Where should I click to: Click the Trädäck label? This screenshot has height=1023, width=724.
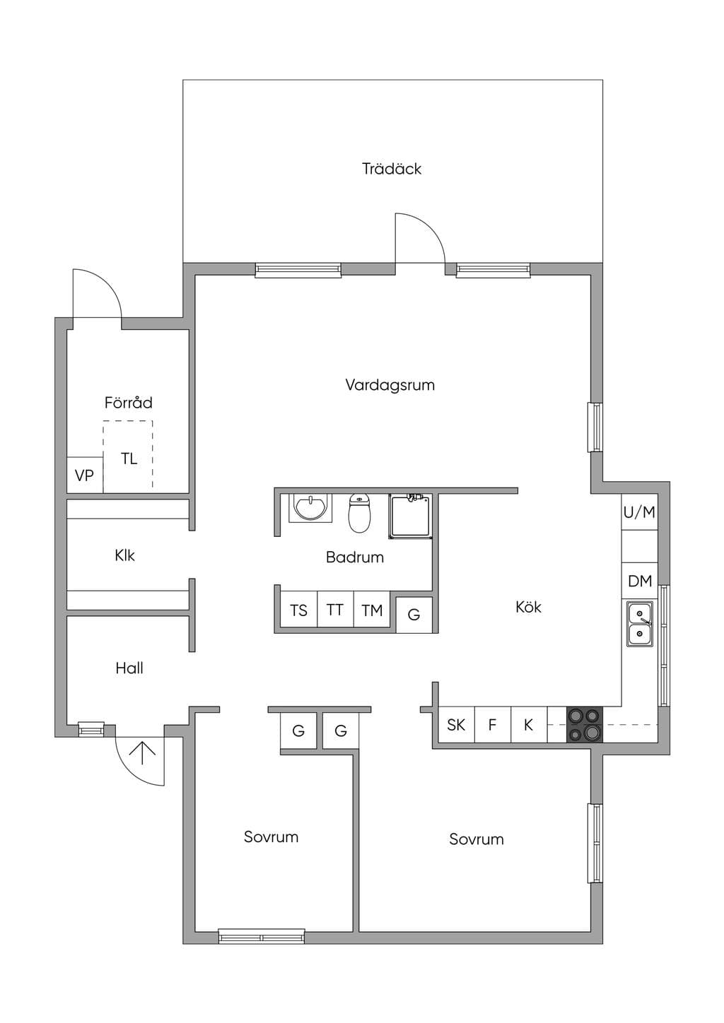391,169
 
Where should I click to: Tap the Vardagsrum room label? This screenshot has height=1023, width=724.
390,384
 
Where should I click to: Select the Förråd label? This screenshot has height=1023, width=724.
129,402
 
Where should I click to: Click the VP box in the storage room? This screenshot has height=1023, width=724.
85,475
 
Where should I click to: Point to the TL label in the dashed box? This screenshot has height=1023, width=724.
129,458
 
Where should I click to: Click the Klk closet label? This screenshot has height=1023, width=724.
124,555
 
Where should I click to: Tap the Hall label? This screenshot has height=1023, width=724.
129,668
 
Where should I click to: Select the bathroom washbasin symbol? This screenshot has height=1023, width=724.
310,507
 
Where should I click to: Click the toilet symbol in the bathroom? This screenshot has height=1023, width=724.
359,513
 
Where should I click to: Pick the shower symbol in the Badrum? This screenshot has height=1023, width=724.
411,516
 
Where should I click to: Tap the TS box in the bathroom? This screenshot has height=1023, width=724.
298,610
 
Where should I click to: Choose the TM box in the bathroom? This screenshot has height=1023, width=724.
372,610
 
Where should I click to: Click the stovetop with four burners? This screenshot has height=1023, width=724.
585,724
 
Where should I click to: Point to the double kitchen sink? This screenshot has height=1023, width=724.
639,624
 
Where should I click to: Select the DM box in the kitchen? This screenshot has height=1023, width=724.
640,581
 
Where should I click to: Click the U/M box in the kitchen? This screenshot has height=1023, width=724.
640,512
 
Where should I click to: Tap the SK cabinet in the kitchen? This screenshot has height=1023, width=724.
457,724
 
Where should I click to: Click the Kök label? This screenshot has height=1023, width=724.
528,607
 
